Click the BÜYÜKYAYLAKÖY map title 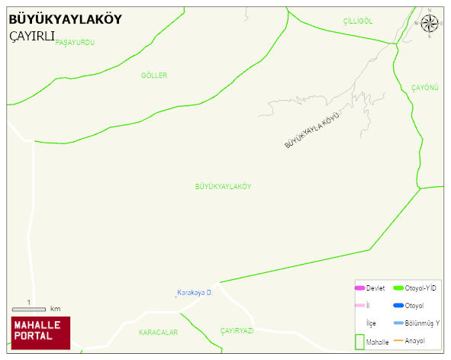click(65, 20)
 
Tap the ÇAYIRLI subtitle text click(31, 37)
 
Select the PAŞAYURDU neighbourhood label click(75, 43)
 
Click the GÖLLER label click(154, 76)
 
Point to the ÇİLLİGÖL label click(357, 21)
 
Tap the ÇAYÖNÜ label click(425, 88)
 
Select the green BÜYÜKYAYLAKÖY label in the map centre click(224, 186)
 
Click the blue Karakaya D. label click(194, 293)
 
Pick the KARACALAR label click(158, 333)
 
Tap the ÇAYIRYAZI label click(237, 331)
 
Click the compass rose click(429, 23)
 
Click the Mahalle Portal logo click(40, 333)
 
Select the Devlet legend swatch click(359, 288)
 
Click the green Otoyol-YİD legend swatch click(397, 288)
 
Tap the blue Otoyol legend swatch click(397, 306)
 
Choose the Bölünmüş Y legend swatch click(397, 323)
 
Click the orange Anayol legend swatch click(397, 340)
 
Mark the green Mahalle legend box click(359, 342)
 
